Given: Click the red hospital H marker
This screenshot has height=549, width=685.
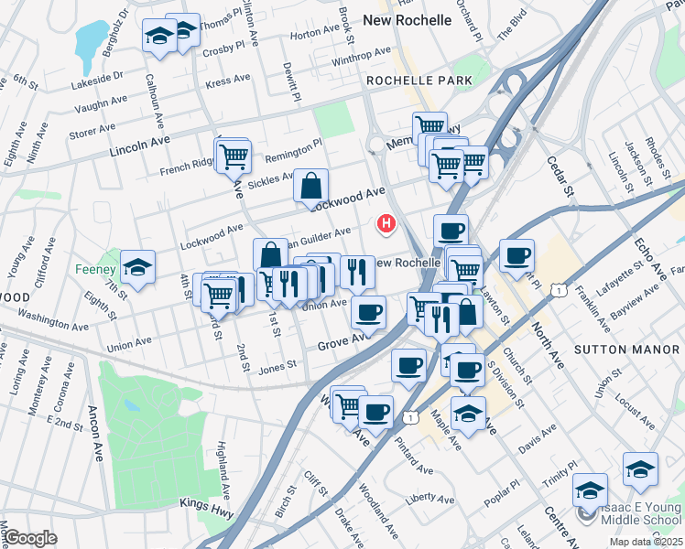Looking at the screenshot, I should (x=387, y=222).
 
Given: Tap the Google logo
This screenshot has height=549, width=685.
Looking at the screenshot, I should (x=30, y=538).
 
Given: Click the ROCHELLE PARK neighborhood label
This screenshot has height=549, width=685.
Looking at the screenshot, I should (x=419, y=81).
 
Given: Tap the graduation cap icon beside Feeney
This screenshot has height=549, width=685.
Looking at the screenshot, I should (x=138, y=267).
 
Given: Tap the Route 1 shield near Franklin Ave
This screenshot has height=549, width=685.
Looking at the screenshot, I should (x=558, y=289).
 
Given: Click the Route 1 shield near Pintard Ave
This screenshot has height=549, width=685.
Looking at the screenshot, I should (x=411, y=417).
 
